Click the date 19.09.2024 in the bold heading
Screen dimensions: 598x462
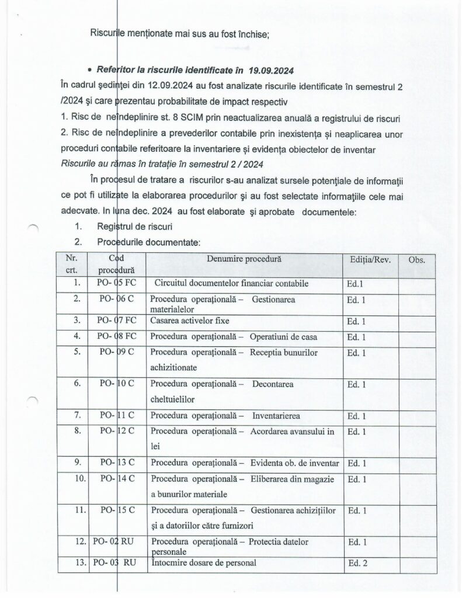(x=270, y=71)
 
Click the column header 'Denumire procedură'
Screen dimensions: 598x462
(x=244, y=259)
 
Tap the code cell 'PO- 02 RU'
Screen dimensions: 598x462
(x=113, y=542)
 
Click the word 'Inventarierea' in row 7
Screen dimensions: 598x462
(x=276, y=416)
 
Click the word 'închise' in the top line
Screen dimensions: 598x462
(x=251, y=34)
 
